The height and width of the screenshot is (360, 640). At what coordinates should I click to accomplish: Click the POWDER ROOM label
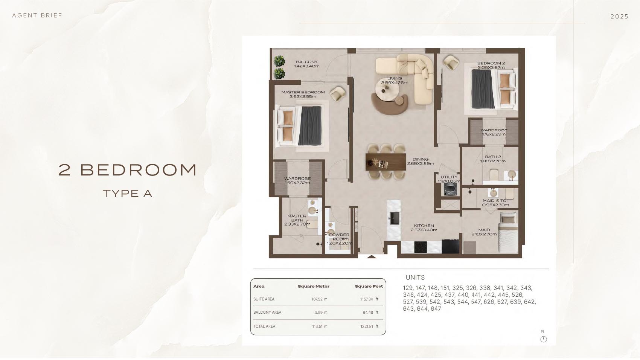339,237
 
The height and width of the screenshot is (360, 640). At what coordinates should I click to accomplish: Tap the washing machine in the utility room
450,189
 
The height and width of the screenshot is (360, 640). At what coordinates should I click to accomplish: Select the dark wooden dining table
386,162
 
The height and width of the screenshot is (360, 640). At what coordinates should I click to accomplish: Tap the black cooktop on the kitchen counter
421,247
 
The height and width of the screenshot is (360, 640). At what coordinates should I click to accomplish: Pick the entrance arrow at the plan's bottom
372,256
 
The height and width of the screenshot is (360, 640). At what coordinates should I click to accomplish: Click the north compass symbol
543,339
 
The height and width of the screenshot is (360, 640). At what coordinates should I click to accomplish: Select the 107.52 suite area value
317,299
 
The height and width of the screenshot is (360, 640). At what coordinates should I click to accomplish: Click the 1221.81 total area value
367,326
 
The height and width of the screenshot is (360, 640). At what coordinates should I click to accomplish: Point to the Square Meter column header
314,286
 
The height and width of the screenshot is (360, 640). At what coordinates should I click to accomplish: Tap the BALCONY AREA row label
267,312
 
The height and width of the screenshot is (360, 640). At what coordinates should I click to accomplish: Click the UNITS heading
415,278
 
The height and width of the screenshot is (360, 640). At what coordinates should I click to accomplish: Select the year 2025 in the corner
619,17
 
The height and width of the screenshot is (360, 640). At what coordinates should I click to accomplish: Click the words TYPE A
127,194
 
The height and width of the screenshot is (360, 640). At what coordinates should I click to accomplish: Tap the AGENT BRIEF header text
37,15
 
